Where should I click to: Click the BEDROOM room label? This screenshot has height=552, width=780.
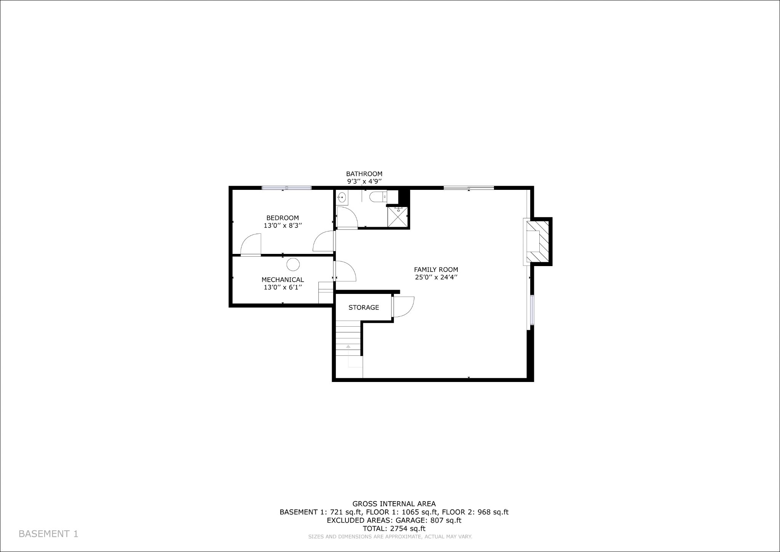click(283, 218)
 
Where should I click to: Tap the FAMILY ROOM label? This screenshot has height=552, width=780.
click(436, 270)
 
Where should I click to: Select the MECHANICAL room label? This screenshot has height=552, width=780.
click(283, 280)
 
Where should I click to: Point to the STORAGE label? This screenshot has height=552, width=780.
click(364, 307)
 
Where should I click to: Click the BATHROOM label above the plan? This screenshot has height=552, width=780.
click(364, 174)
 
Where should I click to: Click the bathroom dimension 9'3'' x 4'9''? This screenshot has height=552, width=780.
click(364, 182)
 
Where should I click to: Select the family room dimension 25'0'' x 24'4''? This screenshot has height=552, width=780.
click(436, 278)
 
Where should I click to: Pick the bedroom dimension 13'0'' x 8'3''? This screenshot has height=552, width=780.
click(283, 226)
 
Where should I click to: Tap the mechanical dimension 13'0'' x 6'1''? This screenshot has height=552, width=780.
click(283, 287)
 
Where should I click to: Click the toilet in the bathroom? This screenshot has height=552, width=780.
click(378, 197)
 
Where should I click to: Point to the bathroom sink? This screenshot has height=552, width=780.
click(342, 197)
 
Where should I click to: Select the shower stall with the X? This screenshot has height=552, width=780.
click(397, 217)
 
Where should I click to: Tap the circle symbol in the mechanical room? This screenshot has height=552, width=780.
click(293, 264)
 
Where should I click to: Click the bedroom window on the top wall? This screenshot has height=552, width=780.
click(287, 188)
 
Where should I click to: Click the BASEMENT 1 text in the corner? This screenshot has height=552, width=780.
click(48, 534)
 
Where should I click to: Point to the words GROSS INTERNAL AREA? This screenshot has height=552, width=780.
click(394, 504)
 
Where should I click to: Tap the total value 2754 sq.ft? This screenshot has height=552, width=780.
click(408, 529)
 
